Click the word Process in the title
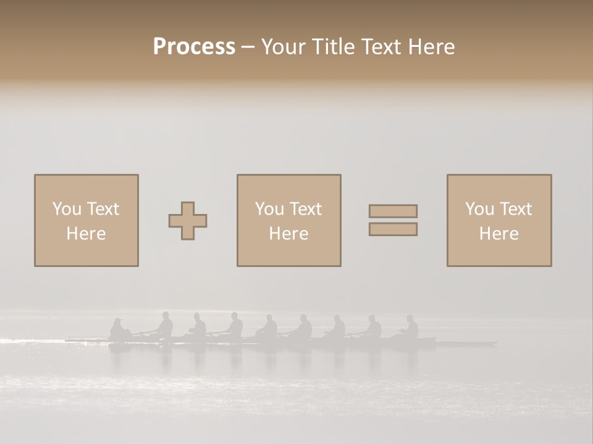(x=194, y=47)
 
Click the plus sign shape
(x=188, y=221)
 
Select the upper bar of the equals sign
(x=393, y=212)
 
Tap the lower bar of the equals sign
(x=393, y=229)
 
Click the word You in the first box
(x=66, y=209)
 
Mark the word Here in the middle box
(x=288, y=234)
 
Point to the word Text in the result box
(x=515, y=209)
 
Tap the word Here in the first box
(x=86, y=234)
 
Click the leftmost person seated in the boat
(x=117, y=329)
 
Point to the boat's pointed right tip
(x=496, y=343)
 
